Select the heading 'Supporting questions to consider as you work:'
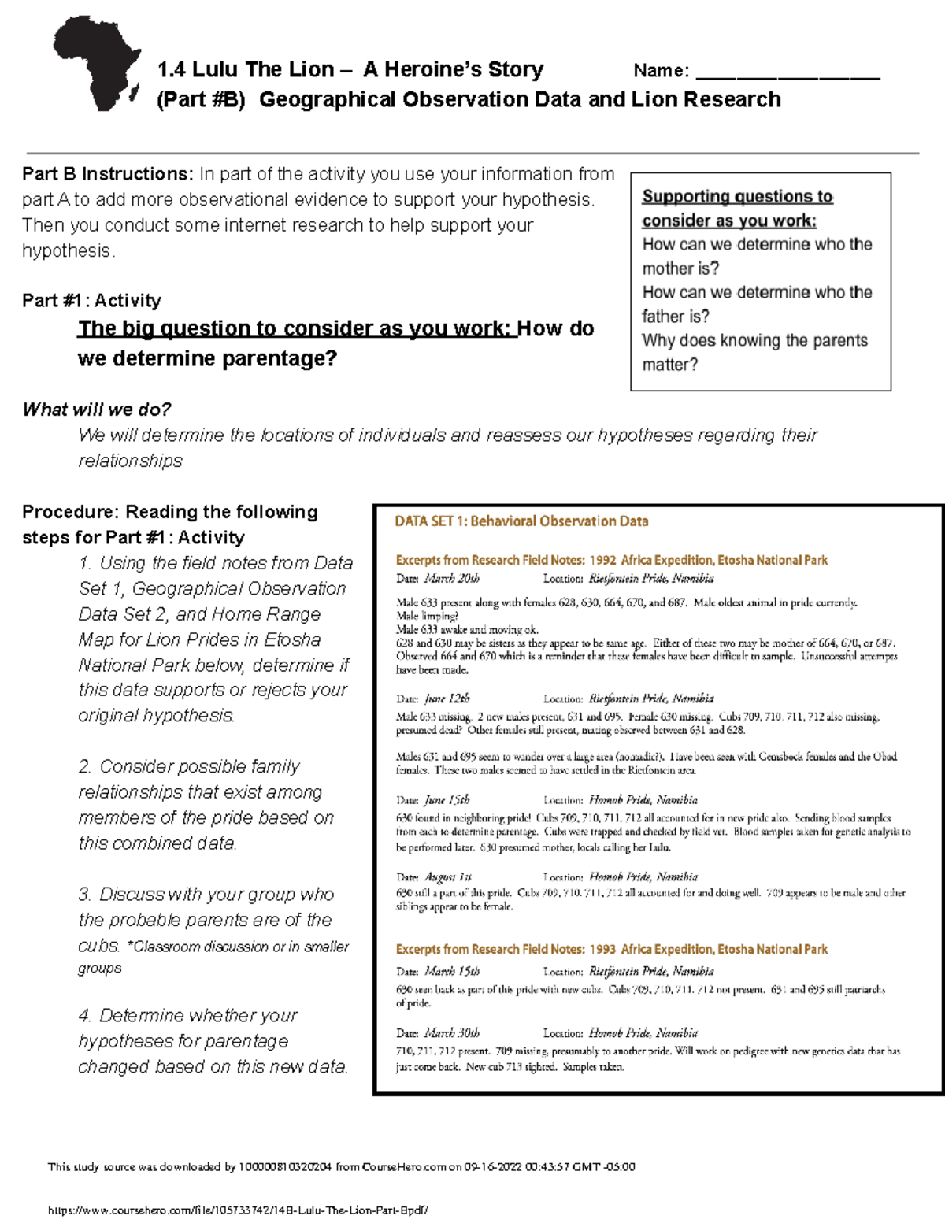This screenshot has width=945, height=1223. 736,209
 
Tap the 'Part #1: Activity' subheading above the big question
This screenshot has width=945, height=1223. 91,301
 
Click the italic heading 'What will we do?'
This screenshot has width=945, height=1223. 97,410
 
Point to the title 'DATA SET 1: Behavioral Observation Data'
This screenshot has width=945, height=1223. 521,521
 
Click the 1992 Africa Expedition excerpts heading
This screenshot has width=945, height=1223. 611,561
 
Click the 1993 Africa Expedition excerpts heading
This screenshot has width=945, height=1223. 611,950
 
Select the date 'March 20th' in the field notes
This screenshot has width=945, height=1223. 451,579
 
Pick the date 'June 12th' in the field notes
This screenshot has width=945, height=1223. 447,699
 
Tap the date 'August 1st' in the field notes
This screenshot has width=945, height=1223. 447,877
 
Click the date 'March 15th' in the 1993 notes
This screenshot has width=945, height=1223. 451,972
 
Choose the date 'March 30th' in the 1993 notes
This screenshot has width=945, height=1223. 451,1033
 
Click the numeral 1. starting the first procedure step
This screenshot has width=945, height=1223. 85,564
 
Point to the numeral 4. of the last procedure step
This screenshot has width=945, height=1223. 85,1016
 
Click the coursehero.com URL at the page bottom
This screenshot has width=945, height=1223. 238,1211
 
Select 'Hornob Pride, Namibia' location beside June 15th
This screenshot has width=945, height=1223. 643,800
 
